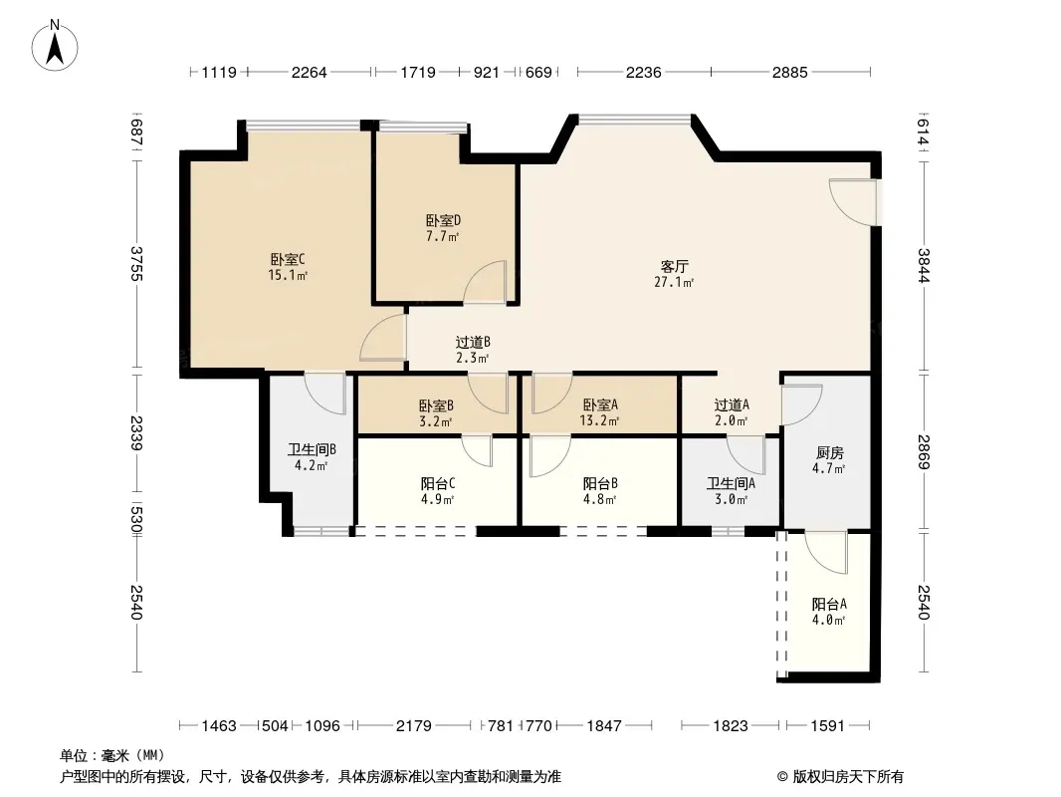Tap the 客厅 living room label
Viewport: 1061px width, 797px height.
pos(674,266)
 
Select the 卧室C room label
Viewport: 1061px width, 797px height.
pos(288,259)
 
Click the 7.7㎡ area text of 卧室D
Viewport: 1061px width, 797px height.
pos(443,236)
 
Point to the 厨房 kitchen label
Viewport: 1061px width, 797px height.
pos(829,452)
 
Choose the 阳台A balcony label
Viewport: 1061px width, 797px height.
pos(829,604)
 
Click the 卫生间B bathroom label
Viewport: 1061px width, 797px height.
pos(312,449)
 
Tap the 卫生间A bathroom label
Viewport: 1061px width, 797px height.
pos(731,483)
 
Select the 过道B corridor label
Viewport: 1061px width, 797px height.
pos(473,342)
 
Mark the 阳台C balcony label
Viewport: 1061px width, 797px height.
pos(437,483)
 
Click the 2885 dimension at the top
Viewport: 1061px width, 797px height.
pos(789,72)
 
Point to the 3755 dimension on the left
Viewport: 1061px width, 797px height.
pos(136,264)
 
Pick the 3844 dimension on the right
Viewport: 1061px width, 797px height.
pos(924,266)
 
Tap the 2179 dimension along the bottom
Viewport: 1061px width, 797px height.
pos(413,726)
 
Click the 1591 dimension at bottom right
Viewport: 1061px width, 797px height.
pos(827,726)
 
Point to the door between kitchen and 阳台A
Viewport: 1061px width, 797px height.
pos(826,553)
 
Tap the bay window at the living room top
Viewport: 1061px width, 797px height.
pos(635,120)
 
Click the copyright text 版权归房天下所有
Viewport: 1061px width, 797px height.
pos(847,777)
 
